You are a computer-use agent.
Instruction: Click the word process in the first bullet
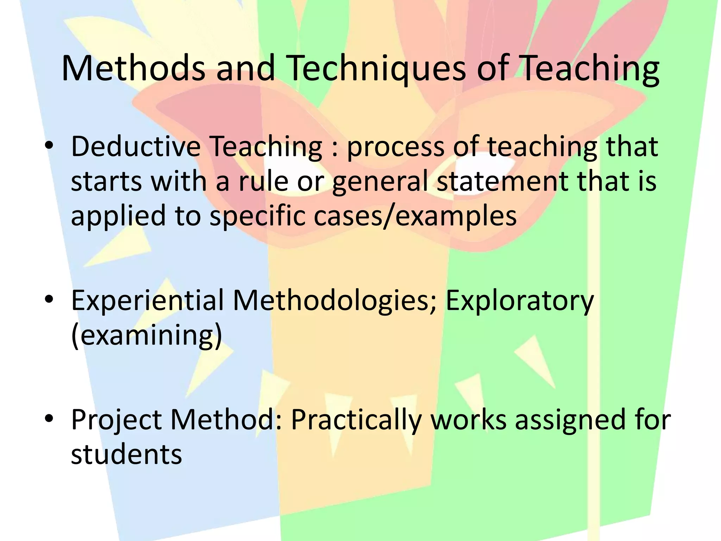[x=396, y=147]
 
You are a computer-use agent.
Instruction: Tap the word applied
[x=118, y=216]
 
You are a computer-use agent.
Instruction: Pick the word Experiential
[x=148, y=300]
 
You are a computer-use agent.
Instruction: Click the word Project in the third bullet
[x=116, y=420]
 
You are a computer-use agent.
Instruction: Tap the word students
[x=126, y=454]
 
